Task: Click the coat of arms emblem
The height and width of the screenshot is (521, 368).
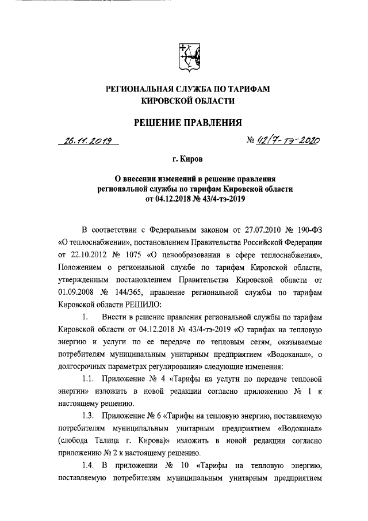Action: tap(185, 58)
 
